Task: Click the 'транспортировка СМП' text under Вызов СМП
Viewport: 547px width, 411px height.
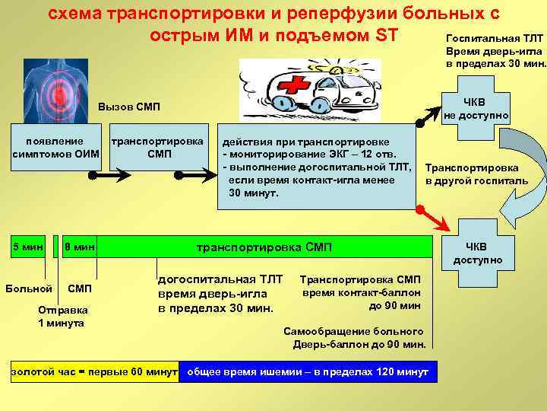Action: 157,148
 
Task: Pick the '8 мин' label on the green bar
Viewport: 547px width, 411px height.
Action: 79,247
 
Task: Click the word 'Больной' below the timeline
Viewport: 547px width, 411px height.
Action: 28,288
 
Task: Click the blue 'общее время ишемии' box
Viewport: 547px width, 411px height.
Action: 307,371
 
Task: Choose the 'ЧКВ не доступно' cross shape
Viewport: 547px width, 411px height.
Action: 479,109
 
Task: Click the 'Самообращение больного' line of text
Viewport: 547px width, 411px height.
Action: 353,331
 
